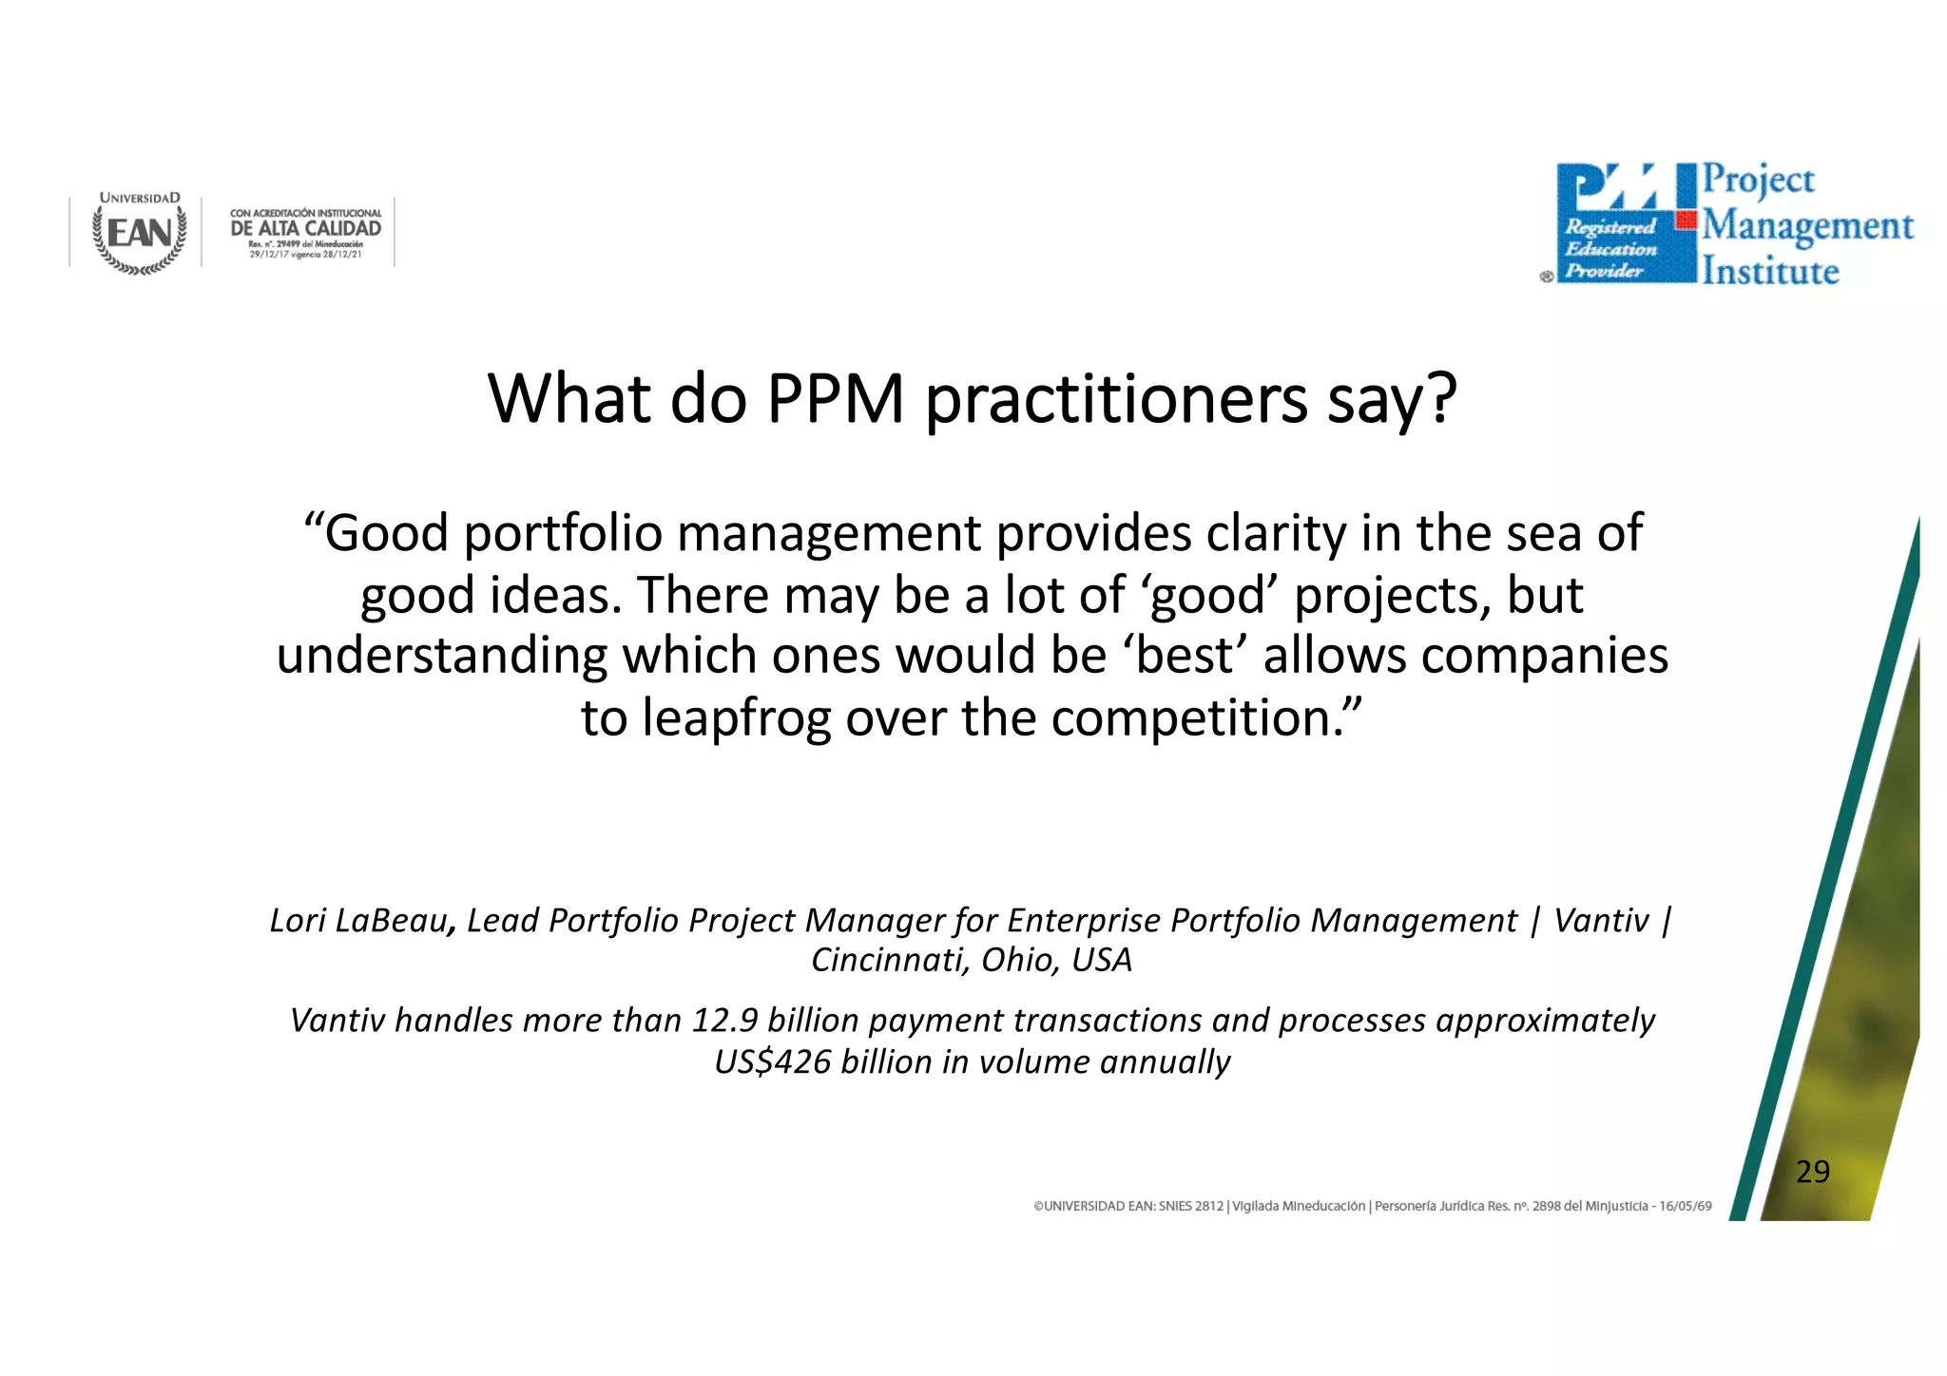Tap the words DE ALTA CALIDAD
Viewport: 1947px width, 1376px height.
305,228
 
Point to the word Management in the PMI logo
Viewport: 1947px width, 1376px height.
1807,227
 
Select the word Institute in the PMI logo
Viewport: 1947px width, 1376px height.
1770,272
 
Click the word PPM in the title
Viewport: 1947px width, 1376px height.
835,399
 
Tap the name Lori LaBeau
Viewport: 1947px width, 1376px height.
358,921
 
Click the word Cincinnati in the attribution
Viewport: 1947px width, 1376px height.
888,960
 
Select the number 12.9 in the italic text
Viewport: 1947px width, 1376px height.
724,1021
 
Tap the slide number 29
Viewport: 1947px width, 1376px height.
1812,1172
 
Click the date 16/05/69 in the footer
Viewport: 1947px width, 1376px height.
1686,1206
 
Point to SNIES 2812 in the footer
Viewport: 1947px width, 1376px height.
1190,1206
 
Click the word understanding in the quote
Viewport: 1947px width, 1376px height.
442,657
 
